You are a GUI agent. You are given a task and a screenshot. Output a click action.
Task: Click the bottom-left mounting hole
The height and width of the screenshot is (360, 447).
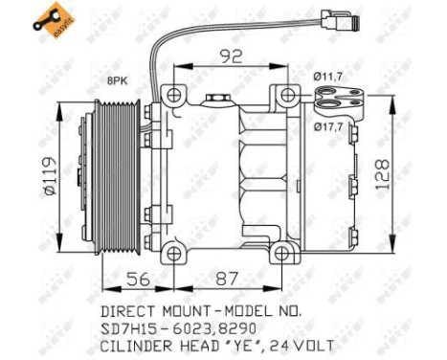[x=174, y=253]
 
